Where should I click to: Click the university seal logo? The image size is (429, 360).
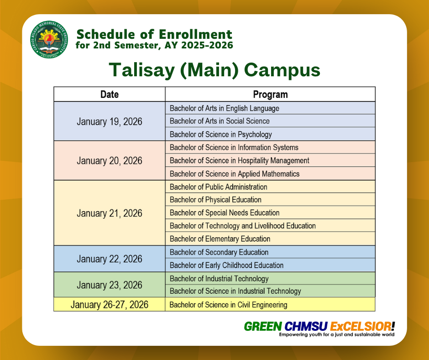49,39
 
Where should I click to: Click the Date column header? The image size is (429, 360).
110,94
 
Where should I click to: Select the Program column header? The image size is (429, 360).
270,94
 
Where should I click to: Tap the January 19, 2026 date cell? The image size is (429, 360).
110,121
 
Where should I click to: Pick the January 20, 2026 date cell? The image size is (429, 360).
110,160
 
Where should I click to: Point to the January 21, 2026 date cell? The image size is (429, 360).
110,213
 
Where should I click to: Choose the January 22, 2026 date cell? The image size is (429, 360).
110,259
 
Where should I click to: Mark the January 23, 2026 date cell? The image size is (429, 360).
110,285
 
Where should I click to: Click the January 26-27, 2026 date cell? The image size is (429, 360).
110,304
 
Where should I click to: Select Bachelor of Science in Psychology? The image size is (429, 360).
221,134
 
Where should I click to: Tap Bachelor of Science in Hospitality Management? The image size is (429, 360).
240,160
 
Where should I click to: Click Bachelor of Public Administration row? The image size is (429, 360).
270,187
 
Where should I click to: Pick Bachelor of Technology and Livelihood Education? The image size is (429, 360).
243,226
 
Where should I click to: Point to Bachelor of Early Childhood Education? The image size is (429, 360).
226,265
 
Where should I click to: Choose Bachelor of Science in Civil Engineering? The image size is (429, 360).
229,305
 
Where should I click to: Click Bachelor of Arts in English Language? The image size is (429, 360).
225,108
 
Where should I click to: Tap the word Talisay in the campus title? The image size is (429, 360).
142,70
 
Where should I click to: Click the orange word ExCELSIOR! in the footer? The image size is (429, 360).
362,326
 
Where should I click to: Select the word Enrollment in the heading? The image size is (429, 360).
195,35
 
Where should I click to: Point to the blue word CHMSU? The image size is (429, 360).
306,326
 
